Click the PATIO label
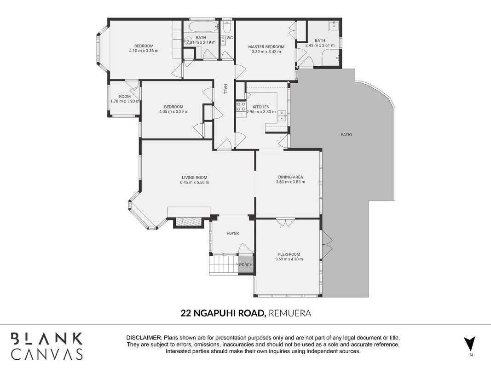click(x=346, y=135)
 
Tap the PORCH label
click(x=246, y=265)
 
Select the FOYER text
click(x=233, y=233)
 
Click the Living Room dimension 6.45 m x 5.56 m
click(x=195, y=182)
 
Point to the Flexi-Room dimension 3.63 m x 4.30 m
click(x=289, y=259)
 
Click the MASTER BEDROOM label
click(x=266, y=47)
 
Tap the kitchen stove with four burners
click(x=241, y=107)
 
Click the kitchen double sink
click(x=282, y=115)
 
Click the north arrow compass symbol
click(x=470, y=344)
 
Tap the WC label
click(x=230, y=38)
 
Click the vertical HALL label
click(x=225, y=89)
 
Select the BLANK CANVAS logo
click(x=46, y=346)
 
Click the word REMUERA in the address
click(x=289, y=313)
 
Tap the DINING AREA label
click(x=290, y=177)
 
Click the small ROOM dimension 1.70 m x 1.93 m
click(x=125, y=101)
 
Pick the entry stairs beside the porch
click(x=223, y=265)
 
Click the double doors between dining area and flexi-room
click(x=285, y=223)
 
